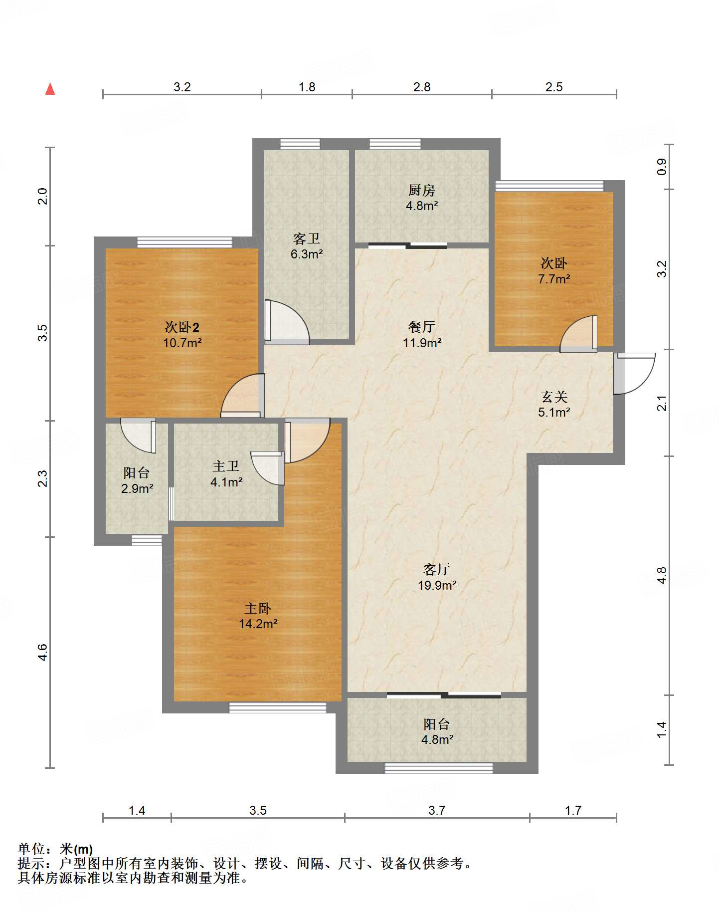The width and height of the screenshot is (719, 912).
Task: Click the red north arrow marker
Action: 50,89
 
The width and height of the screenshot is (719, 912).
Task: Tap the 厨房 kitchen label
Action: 422,190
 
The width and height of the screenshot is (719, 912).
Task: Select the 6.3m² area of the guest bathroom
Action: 307,254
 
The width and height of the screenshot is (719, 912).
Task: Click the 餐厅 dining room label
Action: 422,327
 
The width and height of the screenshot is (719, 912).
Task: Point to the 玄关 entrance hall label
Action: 554,397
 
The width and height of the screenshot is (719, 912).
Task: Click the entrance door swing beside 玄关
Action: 634,373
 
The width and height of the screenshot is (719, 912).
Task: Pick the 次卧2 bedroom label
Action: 182,327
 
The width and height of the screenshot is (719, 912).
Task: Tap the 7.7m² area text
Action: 554,279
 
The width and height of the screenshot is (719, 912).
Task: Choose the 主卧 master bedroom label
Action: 258,609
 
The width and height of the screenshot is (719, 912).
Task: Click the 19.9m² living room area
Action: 437,585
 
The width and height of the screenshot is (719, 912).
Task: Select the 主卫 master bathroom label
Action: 226,466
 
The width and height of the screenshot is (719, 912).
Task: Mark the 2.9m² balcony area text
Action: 137,489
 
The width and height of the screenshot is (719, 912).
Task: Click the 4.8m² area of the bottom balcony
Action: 437,740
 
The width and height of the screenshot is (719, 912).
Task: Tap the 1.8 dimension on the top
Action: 307,87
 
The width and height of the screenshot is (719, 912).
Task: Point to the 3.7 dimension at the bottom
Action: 437,810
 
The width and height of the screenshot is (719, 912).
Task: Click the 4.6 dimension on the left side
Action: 43,653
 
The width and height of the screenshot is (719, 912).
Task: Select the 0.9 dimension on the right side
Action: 661,167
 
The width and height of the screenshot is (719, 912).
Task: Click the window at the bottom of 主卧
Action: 278,707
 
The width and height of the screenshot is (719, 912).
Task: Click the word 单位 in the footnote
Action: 31,849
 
